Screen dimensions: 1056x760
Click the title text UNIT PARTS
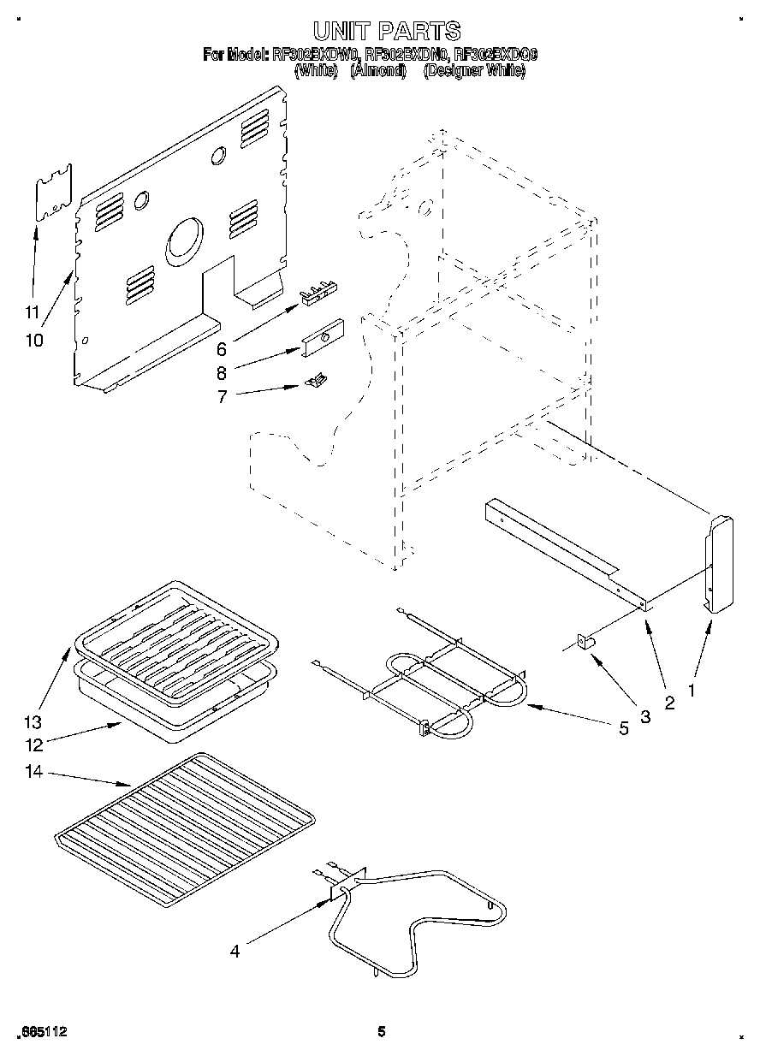[x=386, y=32]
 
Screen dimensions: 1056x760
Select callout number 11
[x=32, y=311]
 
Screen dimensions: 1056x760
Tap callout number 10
[x=33, y=340]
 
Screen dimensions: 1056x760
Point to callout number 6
[x=221, y=349]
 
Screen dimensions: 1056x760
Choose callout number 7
[x=221, y=396]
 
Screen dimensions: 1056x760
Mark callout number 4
[x=235, y=950]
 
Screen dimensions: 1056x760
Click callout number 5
[x=623, y=728]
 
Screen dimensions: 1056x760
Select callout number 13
[x=33, y=721]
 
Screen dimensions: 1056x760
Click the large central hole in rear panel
[x=186, y=239]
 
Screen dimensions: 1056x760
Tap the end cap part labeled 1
[x=720, y=564]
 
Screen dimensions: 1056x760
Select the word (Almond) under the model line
[x=377, y=72]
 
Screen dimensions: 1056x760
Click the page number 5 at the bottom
[x=382, y=1032]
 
